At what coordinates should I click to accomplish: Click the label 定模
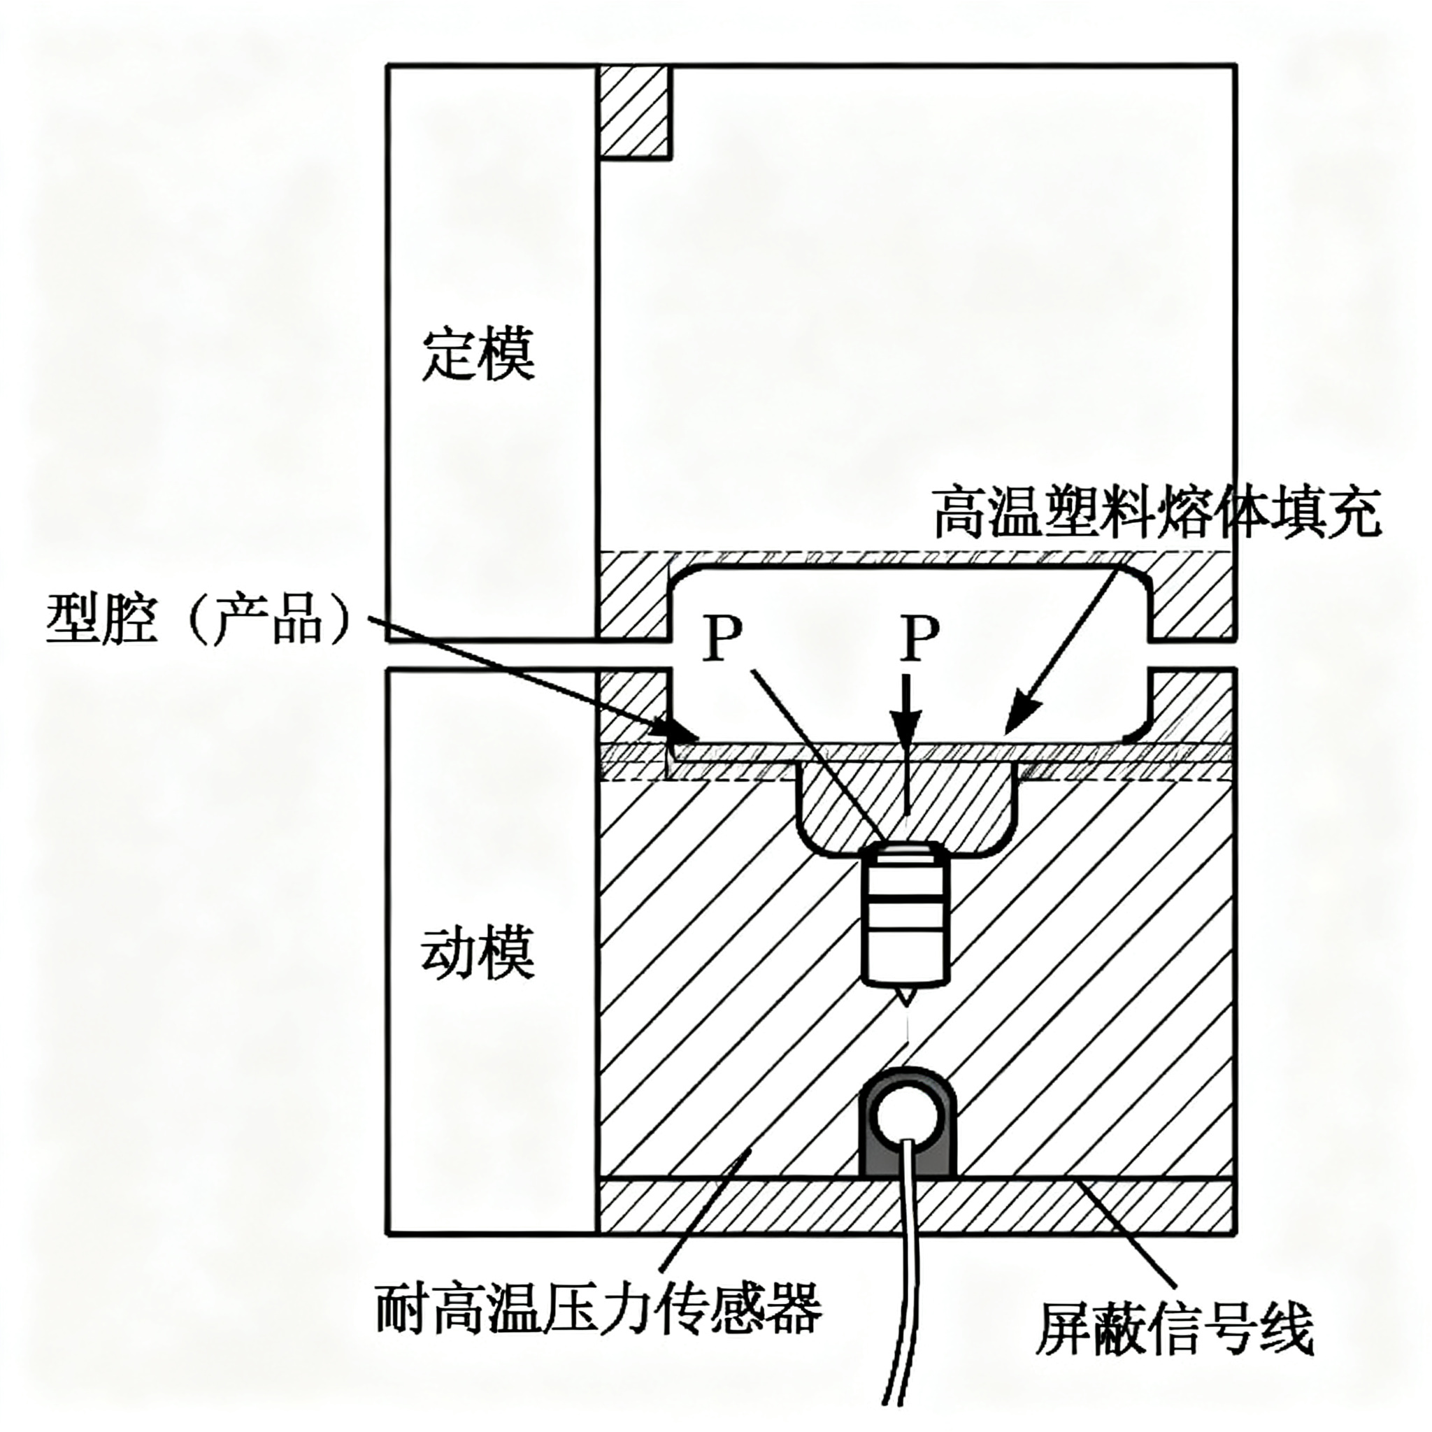pos(478,355)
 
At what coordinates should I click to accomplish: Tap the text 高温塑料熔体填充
pos(1157,512)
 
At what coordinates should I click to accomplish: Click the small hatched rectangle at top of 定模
pos(635,112)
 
